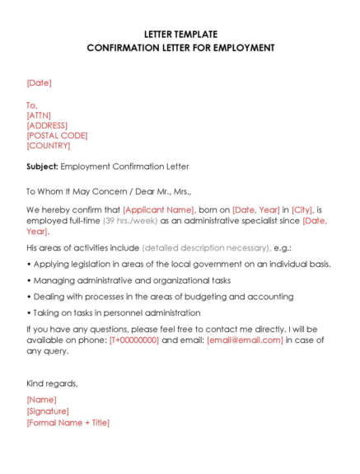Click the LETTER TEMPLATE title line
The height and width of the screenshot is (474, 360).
click(180, 35)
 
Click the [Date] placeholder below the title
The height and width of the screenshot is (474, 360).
click(39, 82)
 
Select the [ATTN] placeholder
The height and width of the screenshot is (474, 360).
click(39, 115)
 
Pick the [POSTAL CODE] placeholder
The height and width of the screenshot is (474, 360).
click(57, 135)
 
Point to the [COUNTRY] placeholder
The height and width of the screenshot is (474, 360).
click(48, 145)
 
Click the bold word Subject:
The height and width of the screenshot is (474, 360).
click(42, 167)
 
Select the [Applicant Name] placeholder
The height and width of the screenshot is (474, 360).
click(158, 210)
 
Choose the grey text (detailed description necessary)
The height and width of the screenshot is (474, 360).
click(206, 247)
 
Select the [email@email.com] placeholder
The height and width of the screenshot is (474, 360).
click(245, 340)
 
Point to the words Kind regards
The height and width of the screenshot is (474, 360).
click(52, 383)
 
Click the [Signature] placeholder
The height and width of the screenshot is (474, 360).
click(48, 411)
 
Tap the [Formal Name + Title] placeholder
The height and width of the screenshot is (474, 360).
click(68, 422)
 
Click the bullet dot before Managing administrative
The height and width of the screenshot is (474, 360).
click(29, 280)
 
